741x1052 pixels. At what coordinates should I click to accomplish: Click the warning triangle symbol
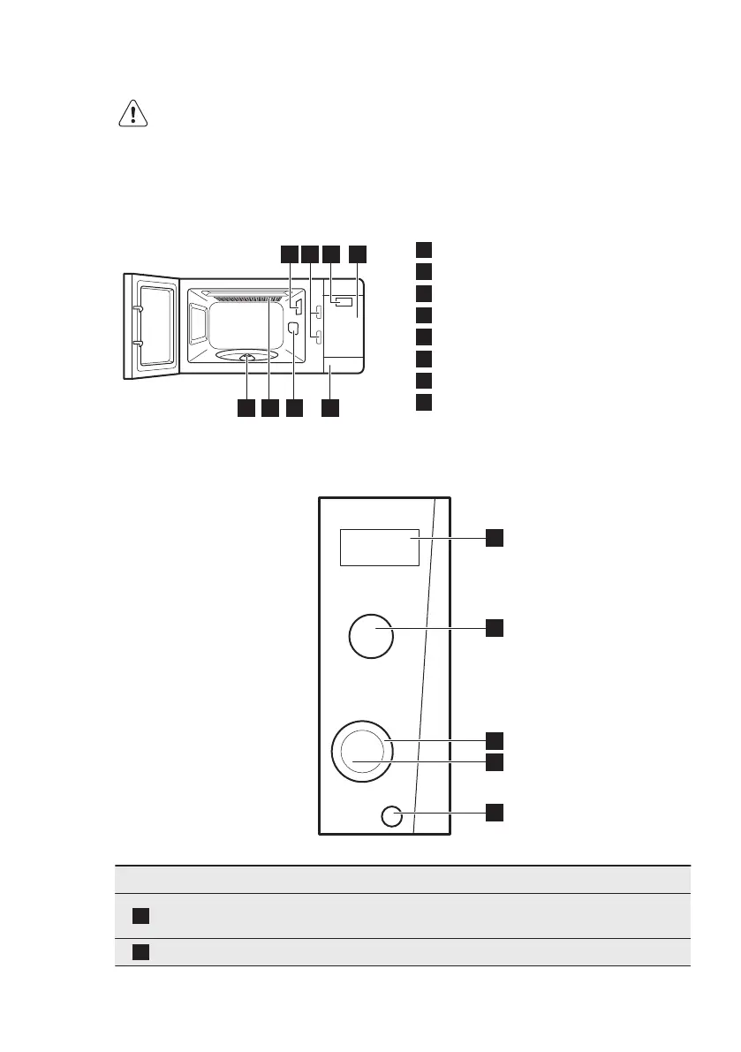133,115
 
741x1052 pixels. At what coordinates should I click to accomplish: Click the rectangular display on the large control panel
378,548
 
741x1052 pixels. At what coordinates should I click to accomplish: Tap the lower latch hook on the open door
137,341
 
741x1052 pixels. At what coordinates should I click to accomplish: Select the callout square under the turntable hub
246,408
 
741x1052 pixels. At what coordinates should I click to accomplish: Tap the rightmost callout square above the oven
357,254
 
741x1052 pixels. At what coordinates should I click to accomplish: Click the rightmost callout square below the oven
329,408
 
